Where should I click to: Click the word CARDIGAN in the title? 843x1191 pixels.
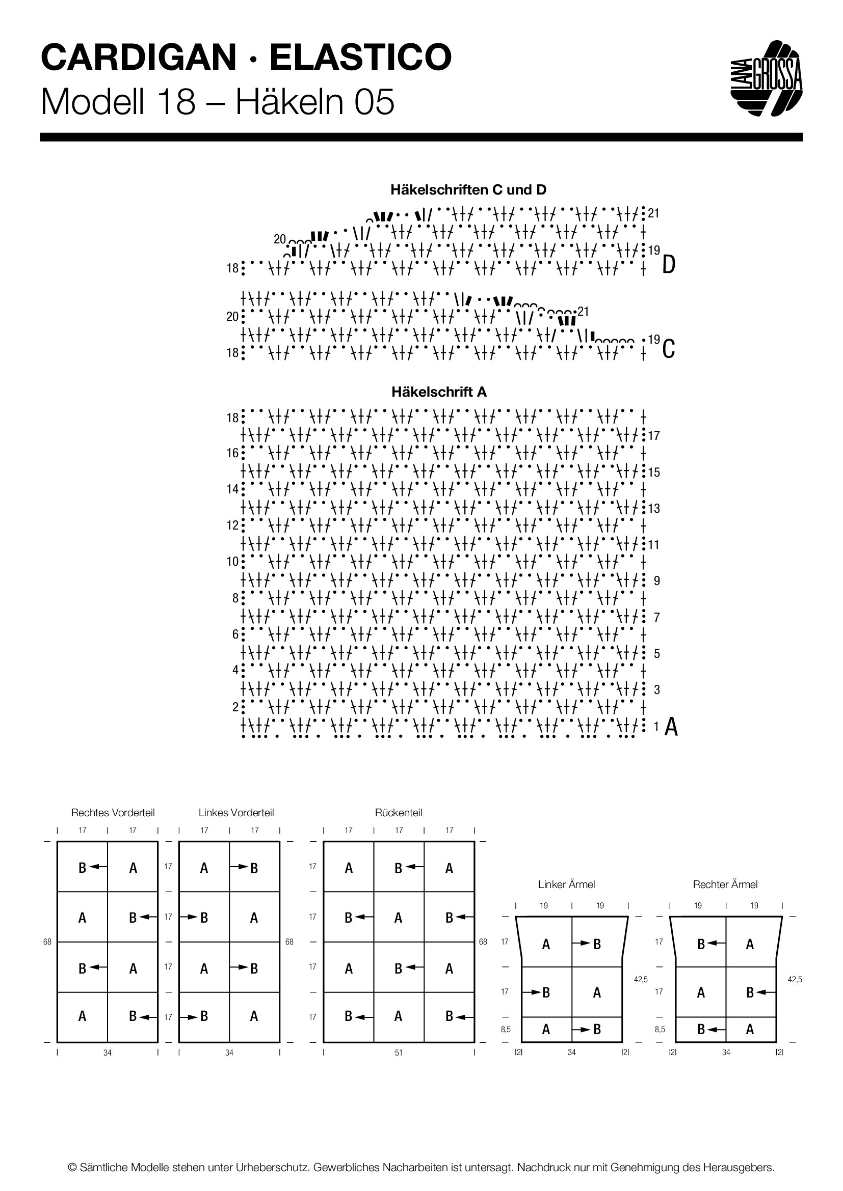point(139,58)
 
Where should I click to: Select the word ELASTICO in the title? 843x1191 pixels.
point(361,58)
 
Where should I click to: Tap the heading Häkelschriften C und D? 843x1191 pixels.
point(468,190)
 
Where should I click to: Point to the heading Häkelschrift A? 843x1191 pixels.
point(439,392)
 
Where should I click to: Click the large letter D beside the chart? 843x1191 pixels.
point(669,266)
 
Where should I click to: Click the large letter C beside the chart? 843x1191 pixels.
point(669,349)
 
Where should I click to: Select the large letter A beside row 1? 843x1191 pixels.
point(671,727)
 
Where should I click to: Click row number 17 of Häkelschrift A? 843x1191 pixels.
point(654,436)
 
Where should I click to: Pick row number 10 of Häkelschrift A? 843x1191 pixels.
point(232,562)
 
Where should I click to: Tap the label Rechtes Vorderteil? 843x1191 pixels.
point(113,813)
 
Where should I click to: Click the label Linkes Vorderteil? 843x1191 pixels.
point(236,813)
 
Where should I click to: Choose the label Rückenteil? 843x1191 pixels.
point(399,813)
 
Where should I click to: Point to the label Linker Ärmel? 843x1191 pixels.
point(566,884)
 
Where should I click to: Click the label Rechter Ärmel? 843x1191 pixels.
point(725,884)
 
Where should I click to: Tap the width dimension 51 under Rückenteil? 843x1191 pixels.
point(399,1053)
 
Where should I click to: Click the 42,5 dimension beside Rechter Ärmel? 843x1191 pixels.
point(795,980)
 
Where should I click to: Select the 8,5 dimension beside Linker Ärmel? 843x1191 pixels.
point(506,1030)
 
